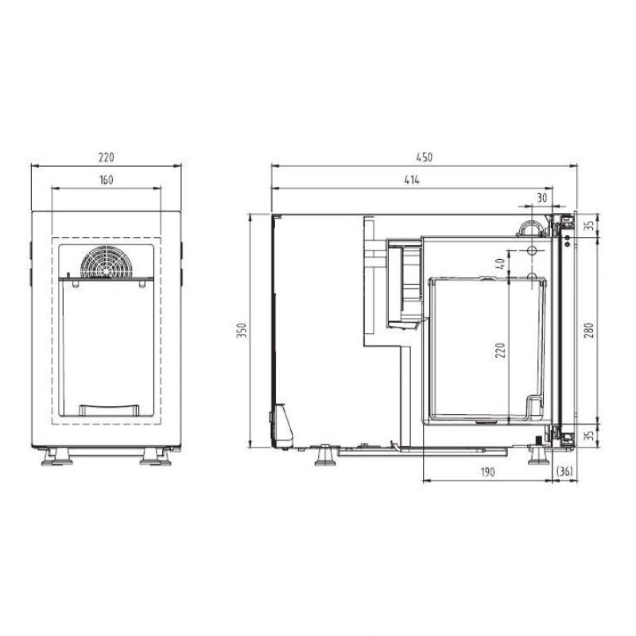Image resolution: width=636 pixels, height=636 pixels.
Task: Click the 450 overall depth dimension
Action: tap(425, 157)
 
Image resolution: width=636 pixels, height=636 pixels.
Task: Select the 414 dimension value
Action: tap(412, 180)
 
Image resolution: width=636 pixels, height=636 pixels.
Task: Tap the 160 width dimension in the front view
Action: tap(107, 180)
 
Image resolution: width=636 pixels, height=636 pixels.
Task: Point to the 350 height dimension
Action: tap(242, 331)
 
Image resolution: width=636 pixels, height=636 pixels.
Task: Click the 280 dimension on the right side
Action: tap(589, 331)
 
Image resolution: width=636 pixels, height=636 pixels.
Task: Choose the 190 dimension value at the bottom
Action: tap(488, 472)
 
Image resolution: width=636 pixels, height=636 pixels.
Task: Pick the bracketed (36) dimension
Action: tap(564, 471)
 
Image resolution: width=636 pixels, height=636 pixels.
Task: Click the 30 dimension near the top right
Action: tap(542, 198)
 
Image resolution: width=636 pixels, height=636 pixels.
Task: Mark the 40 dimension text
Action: tap(501, 264)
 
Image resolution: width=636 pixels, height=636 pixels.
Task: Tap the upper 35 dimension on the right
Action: tap(591, 225)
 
